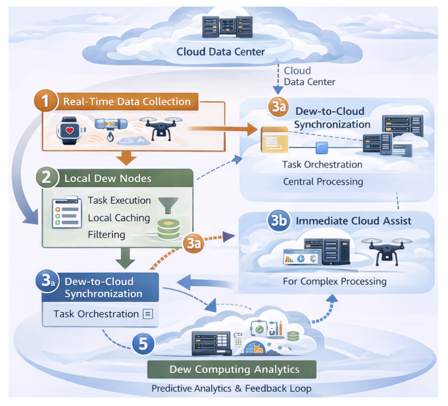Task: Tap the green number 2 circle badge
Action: [x=47, y=177]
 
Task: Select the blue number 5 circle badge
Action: [x=143, y=343]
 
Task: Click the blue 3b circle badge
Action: [x=278, y=221]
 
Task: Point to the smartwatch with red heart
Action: [x=70, y=130]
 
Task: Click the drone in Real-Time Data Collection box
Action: [x=161, y=128]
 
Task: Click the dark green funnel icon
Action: [x=168, y=205]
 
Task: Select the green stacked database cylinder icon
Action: [x=168, y=229]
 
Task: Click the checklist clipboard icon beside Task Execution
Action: [x=67, y=212]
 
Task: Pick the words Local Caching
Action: [x=119, y=218]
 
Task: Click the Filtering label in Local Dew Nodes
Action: [x=107, y=235]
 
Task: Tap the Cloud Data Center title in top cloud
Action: [x=220, y=52]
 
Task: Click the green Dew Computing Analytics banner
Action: [x=232, y=369]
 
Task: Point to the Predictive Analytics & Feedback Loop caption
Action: [x=232, y=389]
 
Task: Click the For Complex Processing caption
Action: [x=335, y=281]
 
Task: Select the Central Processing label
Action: [x=323, y=182]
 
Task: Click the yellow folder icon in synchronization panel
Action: [x=274, y=140]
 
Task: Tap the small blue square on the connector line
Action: [x=322, y=148]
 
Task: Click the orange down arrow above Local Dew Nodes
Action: [x=126, y=158]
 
